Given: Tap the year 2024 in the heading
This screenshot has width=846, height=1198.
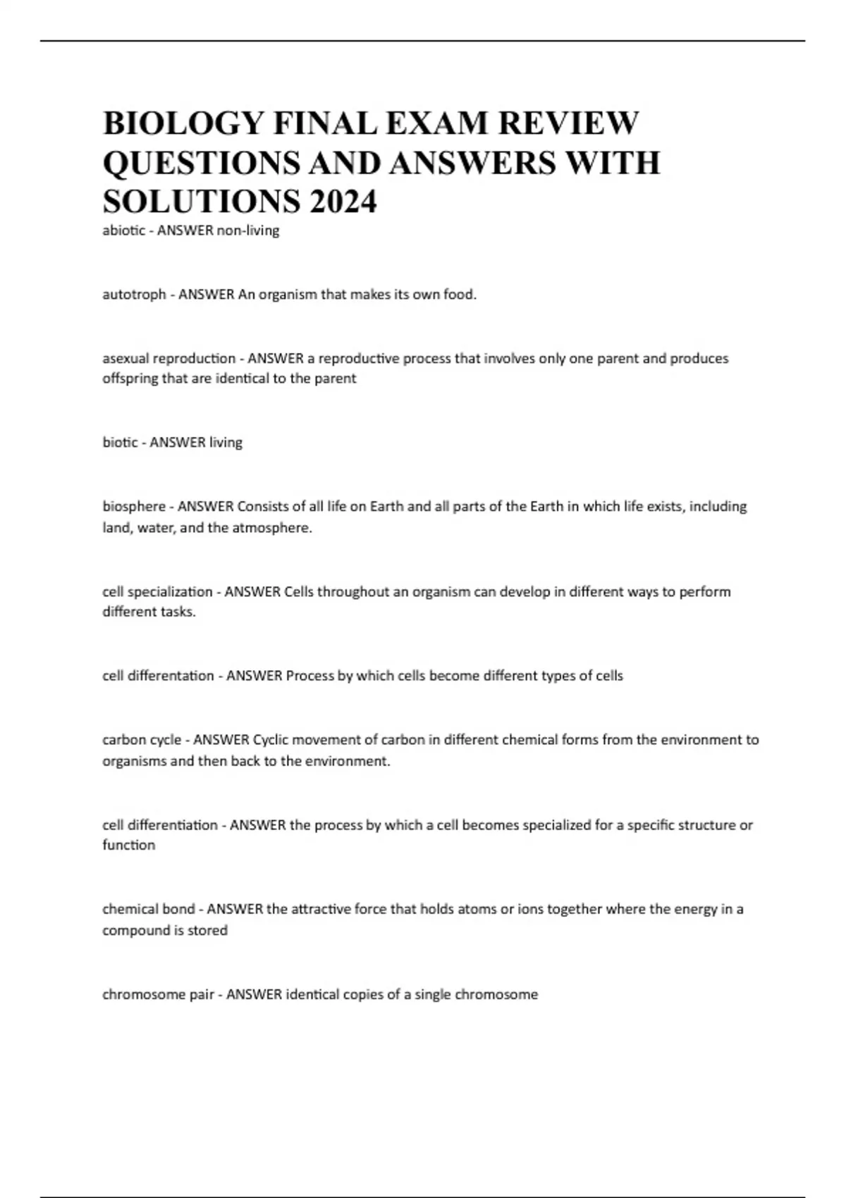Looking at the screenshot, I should (x=342, y=202).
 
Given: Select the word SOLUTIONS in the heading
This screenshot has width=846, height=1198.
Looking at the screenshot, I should (x=200, y=202).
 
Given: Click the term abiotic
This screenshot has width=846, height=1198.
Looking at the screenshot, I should (x=123, y=230).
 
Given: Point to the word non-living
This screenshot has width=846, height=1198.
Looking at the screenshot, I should (x=247, y=230).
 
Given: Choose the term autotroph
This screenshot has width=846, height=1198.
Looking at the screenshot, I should (x=134, y=295).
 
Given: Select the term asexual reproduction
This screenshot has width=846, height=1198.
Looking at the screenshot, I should (x=169, y=359).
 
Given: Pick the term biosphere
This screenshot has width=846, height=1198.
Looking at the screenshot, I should (x=134, y=507).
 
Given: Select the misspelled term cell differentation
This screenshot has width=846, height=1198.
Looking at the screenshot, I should (x=158, y=676).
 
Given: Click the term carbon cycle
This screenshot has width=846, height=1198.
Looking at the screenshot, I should (x=142, y=740).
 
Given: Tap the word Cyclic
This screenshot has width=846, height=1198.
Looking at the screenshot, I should (x=271, y=740).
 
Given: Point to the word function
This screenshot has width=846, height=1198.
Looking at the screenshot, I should (x=128, y=845).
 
